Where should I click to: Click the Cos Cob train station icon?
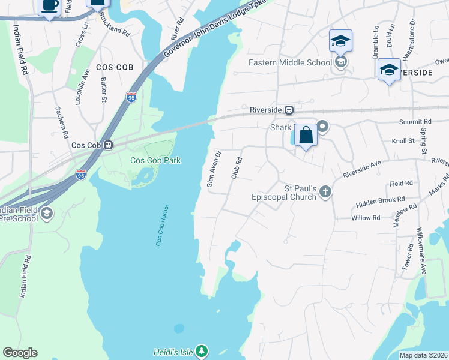109,145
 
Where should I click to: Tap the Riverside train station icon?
289,110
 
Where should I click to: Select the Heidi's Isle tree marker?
202,350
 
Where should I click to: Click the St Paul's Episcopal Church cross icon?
325,192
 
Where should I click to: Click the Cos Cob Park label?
155,160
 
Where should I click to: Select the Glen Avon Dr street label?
211,169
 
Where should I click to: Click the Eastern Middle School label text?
291,62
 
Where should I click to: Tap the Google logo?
20,353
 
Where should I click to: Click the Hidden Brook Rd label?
381,201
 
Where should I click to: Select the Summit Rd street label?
416,122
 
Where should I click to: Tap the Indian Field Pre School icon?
47,213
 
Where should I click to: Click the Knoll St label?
403,140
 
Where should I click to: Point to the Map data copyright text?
423,355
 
